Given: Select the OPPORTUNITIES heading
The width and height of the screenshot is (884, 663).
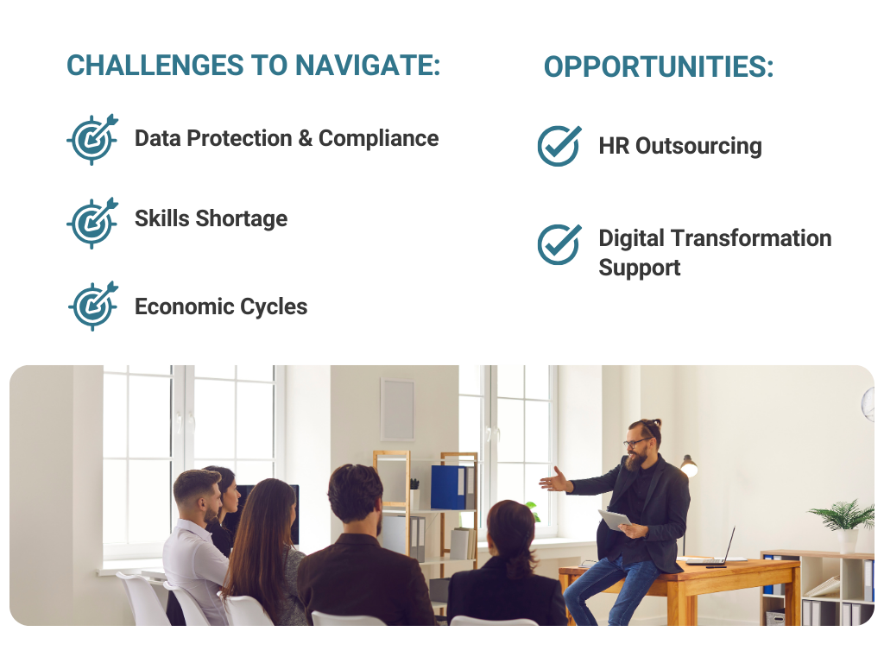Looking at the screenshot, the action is tap(659, 67).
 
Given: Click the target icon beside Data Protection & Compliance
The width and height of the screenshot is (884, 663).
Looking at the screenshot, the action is tap(92, 139).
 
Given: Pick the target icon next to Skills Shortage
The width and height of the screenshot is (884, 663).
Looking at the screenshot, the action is tap(92, 223).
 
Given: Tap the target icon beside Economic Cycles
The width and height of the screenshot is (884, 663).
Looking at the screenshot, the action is tap(93, 306).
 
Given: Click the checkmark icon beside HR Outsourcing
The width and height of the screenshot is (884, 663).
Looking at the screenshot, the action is tap(559, 145).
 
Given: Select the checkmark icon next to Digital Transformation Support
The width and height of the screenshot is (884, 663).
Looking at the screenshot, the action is tap(559, 244).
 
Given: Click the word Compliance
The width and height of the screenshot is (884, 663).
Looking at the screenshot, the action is tap(378, 139).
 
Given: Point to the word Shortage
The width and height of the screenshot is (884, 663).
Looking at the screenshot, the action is tap(242, 218).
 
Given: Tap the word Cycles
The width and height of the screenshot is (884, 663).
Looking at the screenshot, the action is tap(274, 307).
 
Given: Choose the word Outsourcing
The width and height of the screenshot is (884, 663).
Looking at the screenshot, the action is tap(698, 147).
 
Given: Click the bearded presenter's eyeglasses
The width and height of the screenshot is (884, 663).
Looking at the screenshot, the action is tap(637, 443).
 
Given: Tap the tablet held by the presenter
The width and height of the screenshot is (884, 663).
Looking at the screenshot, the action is tap(615, 520).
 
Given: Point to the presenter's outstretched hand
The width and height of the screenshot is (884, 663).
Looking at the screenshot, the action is tap(555, 480).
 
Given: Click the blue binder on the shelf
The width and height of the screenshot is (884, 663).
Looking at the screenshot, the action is tap(449, 487).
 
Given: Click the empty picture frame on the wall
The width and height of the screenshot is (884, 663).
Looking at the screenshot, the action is tap(397, 408).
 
